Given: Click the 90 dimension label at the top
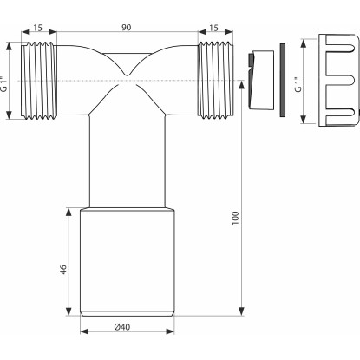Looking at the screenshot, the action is click(x=126, y=28).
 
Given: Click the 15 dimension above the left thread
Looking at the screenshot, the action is click(x=37, y=28).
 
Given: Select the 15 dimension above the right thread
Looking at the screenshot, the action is click(x=213, y=28).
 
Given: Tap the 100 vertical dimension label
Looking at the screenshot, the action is click(x=236, y=218).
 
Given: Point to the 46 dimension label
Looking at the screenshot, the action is click(x=63, y=270).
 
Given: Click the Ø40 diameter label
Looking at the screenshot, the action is click(x=122, y=327).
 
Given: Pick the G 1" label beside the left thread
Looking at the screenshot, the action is click(x=3, y=84).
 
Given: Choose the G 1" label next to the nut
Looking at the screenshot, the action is click(x=298, y=84).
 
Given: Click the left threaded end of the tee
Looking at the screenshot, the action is click(x=39, y=81).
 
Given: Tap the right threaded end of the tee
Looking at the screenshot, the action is click(x=215, y=81).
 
